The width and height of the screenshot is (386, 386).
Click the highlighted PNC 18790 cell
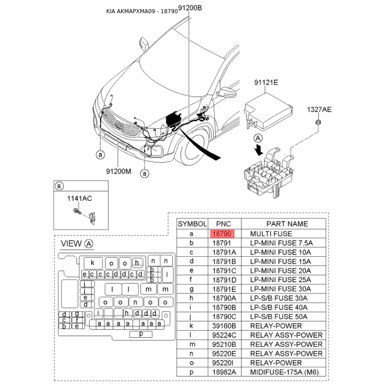222,234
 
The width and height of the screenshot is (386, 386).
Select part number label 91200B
190,8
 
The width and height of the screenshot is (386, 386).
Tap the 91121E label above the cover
266,82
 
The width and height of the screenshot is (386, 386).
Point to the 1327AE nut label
319,110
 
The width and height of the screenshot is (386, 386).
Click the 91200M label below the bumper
118,171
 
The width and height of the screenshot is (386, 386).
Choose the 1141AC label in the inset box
79,198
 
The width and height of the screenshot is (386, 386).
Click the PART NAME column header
287,224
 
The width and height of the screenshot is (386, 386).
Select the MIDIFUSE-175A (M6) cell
284,372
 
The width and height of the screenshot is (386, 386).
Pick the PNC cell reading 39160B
224,326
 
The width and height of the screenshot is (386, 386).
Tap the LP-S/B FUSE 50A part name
279,317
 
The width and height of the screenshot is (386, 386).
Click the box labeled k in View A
93,263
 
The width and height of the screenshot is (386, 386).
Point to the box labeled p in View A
141,334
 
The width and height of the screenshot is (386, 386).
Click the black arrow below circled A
259,150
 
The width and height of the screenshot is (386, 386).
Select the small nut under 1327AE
318,122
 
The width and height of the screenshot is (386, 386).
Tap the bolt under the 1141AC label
77,211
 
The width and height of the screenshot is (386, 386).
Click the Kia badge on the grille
119,126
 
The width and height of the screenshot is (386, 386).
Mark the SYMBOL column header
192,224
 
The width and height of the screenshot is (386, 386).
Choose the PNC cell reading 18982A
224,372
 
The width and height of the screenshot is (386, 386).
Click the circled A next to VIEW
89,244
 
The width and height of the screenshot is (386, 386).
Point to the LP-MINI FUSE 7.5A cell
281,243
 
